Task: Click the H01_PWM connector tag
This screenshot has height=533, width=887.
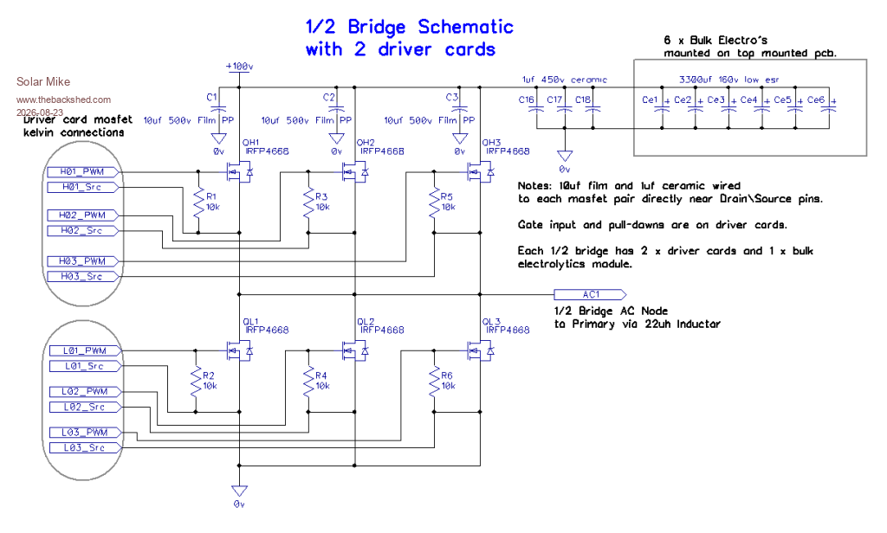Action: pyautogui.click(x=82, y=172)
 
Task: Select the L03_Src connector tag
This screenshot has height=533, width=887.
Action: pyautogui.click(x=85, y=447)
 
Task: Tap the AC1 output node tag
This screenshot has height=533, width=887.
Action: pyautogui.click(x=590, y=294)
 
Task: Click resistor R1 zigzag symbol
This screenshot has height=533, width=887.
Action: pyautogui.click(x=198, y=203)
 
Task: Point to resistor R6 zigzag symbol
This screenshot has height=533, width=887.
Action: pyautogui.click(x=435, y=382)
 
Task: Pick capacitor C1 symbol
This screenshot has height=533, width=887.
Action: pyautogui.click(x=219, y=108)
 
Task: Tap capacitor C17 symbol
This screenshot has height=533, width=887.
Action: pyautogui.click(x=564, y=108)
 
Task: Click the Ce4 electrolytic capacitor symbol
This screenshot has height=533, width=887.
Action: pyautogui.click(x=762, y=108)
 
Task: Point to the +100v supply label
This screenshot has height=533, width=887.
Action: pyautogui.click(x=239, y=66)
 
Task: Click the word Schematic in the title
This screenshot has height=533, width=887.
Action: pyautogui.click(x=465, y=27)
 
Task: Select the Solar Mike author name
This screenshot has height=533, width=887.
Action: pyautogui.click(x=43, y=81)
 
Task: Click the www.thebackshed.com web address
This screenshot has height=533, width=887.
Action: pyautogui.click(x=63, y=100)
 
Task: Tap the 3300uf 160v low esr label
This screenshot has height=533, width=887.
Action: pyautogui.click(x=729, y=80)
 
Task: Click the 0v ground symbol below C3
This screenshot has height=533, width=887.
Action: pyautogui.click(x=460, y=138)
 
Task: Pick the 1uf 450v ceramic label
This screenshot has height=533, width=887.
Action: pyautogui.click(x=564, y=80)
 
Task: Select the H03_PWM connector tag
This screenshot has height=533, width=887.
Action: pyautogui.click(x=82, y=261)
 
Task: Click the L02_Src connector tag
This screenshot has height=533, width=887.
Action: pyautogui.click(x=85, y=407)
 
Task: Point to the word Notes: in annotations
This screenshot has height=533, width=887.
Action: pyautogui.click(x=534, y=185)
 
